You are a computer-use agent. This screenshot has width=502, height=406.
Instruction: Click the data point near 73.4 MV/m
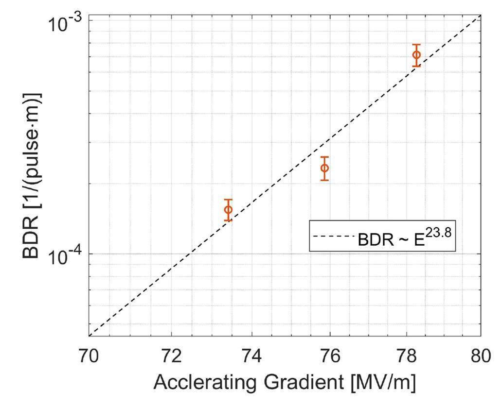point(228,210)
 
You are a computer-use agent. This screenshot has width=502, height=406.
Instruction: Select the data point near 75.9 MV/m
point(325,168)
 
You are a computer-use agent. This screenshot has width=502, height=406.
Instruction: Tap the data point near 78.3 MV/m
point(416,55)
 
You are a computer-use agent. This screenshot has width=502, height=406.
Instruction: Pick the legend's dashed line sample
point(334,237)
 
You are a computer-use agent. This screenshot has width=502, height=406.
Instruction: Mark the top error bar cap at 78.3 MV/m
point(416,45)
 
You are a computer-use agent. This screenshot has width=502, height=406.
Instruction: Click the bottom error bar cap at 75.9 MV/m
point(325,180)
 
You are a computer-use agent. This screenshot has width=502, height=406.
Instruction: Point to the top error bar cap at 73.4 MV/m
point(228,200)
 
